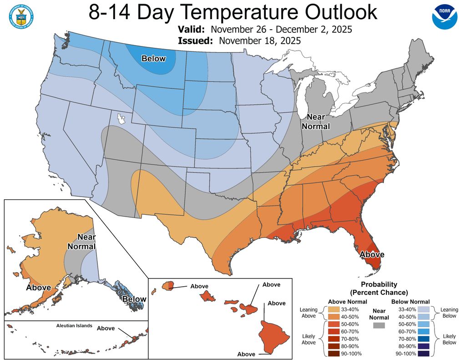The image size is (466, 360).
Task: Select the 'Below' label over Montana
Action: (153, 58)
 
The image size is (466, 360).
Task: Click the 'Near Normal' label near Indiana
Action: (315, 121)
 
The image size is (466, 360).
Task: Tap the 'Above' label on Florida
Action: (372, 254)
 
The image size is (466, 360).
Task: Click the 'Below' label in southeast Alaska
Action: (134, 299)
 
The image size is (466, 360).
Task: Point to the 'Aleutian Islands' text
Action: (74, 326)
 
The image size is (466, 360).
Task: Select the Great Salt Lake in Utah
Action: (120, 119)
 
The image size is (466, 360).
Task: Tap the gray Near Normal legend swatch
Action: (378, 325)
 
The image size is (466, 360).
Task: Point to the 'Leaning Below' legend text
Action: (449, 313)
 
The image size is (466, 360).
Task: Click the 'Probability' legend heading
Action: (379, 284)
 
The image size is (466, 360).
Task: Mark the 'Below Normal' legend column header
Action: (410, 301)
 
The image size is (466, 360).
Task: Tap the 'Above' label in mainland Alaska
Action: (38, 288)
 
